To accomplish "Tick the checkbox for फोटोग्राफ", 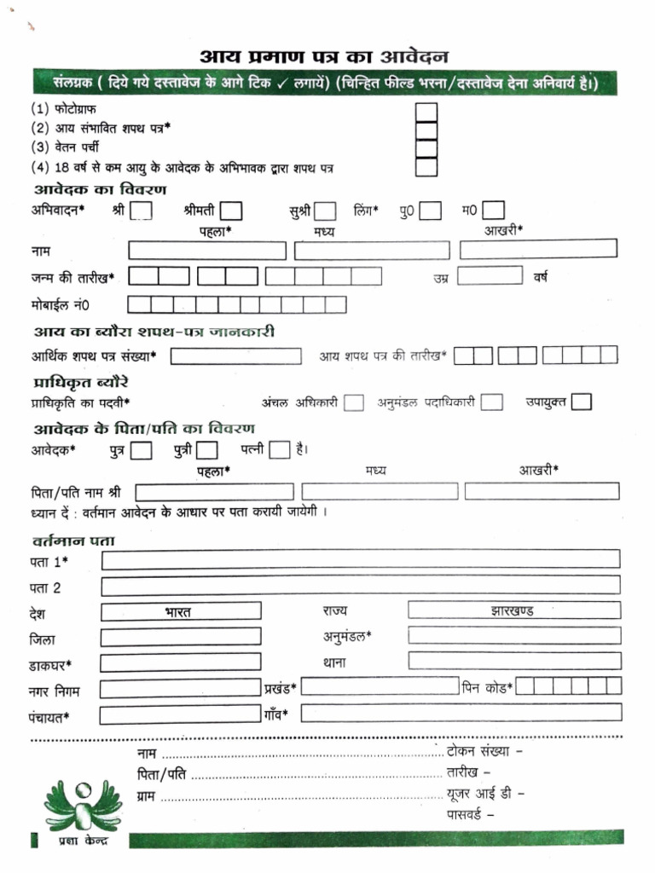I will click(x=426, y=113).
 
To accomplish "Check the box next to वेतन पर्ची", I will click(x=426, y=148).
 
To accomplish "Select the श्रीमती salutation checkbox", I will click(x=230, y=211).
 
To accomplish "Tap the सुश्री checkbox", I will click(x=325, y=211).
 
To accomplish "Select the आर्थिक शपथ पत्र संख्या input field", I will click(x=235, y=356).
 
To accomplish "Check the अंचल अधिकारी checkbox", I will click(x=354, y=402).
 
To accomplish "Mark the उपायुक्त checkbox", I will click(x=582, y=402).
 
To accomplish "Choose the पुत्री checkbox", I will click(x=207, y=450).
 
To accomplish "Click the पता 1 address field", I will click(x=360, y=559).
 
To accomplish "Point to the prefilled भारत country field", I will click(x=181, y=611).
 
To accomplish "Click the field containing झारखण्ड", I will click(x=513, y=610).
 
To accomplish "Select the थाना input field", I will click(x=513, y=661).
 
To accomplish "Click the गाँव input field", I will click(x=460, y=714).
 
